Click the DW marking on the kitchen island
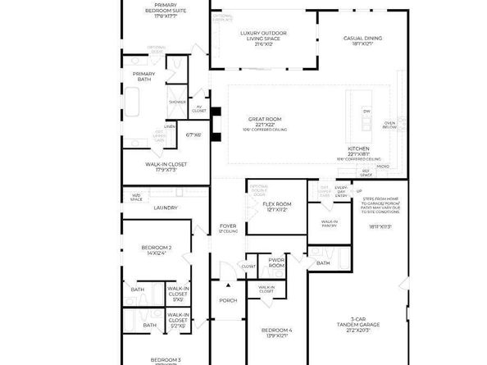point(367,110)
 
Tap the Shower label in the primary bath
point(177,102)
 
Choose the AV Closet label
point(199,107)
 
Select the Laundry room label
point(166,208)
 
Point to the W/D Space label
point(136,197)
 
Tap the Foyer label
point(228,228)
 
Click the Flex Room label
point(276,206)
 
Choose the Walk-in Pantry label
point(330,223)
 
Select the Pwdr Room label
point(276,263)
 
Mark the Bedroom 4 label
point(276,332)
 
